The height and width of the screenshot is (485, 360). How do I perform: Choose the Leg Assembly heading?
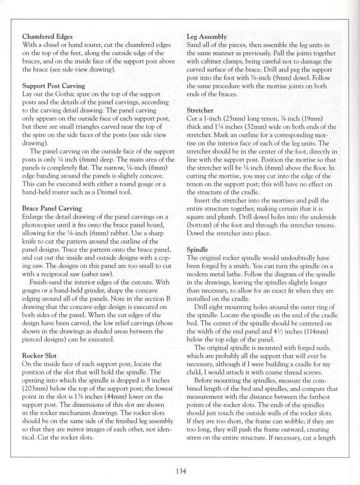pyautogui.click(x=207, y=36)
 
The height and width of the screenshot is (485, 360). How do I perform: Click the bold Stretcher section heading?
pyautogui.click(x=200, y=110)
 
